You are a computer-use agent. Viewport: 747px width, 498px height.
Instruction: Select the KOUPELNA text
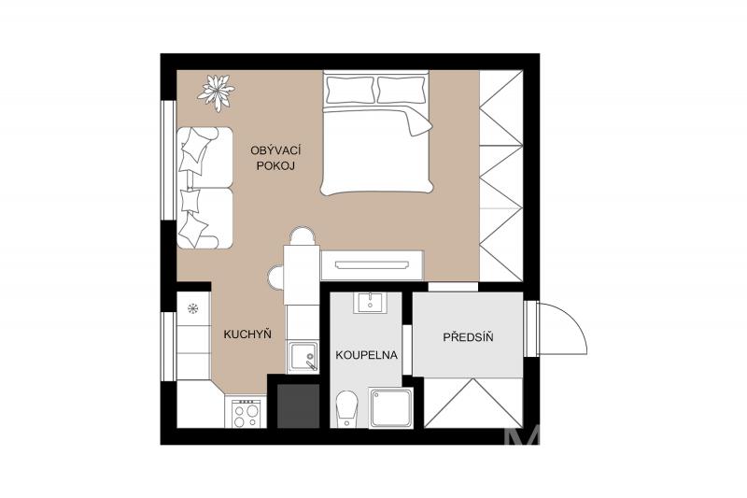click(x=366, y=355)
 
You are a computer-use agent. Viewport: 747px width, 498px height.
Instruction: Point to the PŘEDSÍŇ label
click(x=468, y=337)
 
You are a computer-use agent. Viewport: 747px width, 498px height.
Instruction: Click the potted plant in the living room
click(x=217, y=92)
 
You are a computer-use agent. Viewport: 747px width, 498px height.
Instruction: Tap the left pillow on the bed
click(x=349, y=90)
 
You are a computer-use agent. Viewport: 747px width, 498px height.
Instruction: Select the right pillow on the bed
click(x=402, y=90)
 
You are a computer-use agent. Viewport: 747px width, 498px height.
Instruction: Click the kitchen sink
click(x=302, y=357)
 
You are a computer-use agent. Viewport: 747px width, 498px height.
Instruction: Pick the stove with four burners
click(x=246, y=413)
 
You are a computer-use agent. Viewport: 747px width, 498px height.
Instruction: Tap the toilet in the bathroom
click(x=345, y=409)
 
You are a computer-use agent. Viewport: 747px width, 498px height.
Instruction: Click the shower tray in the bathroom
click(x=391, y=408)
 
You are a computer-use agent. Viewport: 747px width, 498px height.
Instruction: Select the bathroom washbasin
click(x=370, y=302)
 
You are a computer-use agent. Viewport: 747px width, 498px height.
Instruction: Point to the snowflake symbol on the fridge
click(x=192, y=309)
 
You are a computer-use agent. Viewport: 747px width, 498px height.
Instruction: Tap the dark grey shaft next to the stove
click(x=298, y=406)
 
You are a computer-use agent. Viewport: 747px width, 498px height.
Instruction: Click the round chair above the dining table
click(x=303, y=235)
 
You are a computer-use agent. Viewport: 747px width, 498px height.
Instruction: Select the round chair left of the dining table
click(x=275, y=277)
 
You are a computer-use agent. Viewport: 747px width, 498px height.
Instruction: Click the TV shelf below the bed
click(x=372, y=265)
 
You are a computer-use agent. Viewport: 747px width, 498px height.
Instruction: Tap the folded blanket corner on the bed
click(x=419, y=122)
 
